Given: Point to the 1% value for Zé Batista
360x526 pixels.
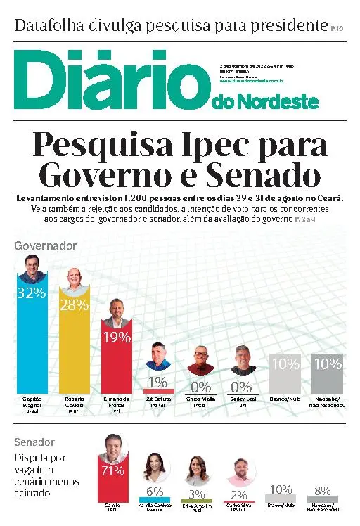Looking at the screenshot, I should pos(158,383).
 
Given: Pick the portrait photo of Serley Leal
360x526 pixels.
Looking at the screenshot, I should pos(243,359).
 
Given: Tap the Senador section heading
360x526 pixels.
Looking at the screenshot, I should pos(34,442).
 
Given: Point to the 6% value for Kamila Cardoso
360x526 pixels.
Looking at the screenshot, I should pos(155,492).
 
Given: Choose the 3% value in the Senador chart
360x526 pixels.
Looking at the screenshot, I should pos(197,494).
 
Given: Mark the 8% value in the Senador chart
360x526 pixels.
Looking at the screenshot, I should pos(322,490).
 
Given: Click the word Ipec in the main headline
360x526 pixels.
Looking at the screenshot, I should pos(226,146).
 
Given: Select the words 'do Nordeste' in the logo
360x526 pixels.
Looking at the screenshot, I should pos(264,103).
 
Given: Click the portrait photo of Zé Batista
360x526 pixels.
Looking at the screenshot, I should pos(158,356).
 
